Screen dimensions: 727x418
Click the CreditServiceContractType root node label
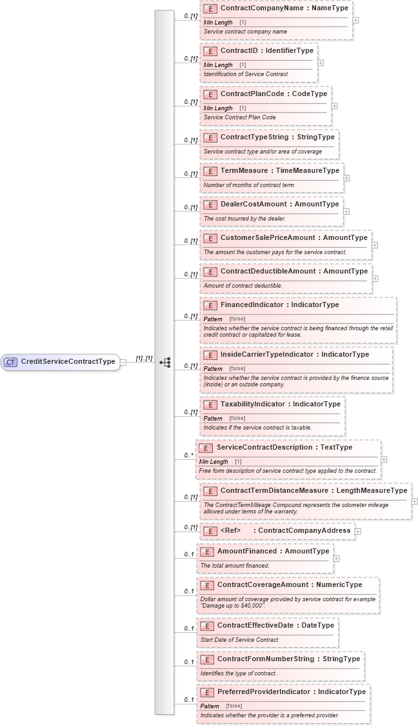[68, 361]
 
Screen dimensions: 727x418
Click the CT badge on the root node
[10, 362]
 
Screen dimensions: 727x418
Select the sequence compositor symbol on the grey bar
[165, 363]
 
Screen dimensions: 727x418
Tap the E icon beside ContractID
[210, 51]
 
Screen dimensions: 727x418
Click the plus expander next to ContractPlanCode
[334, 106]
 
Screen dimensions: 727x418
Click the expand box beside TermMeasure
[346, 177]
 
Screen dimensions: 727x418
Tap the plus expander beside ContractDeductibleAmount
[375, 279]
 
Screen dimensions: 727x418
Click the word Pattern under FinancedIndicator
[213, 319]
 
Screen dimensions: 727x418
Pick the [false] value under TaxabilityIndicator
[237, 418]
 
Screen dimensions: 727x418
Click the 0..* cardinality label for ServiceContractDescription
[188, 455]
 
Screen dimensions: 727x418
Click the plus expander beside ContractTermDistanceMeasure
[414, 501]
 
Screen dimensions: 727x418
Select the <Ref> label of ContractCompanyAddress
[230, 530]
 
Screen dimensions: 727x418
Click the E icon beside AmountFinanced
[206, 552]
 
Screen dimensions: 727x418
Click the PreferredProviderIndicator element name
[291, 692]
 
